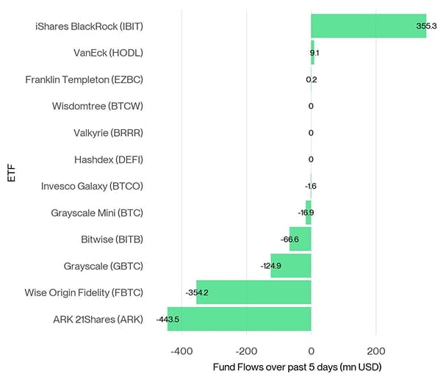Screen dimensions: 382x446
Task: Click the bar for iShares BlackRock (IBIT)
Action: click(x=367, y=26)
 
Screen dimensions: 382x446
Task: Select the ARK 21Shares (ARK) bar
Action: click(x=240, y=319)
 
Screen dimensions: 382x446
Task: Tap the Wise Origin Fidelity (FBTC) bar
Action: click(x=253, y=292)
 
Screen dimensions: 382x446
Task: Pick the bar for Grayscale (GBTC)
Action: click(x=291, y=265)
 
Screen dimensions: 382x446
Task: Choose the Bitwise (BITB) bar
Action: click(x=301, y=239)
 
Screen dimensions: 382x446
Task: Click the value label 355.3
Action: click(x=426, y=26)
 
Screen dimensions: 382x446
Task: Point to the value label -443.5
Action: click(x=168, y=320)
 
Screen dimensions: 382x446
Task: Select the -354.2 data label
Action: click(x=197, y=292)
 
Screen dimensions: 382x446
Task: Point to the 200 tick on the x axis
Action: click(x=375, y=350)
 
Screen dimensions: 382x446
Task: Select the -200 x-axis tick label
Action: click(x=246, y=350)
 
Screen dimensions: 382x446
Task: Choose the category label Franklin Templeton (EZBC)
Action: click(x=84, y=79)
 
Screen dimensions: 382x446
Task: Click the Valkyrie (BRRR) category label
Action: click(x=107, y=133)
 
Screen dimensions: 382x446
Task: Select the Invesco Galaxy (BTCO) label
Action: click(x=92, y=186)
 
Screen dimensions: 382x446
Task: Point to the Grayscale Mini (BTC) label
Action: click(x=96, y=213)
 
